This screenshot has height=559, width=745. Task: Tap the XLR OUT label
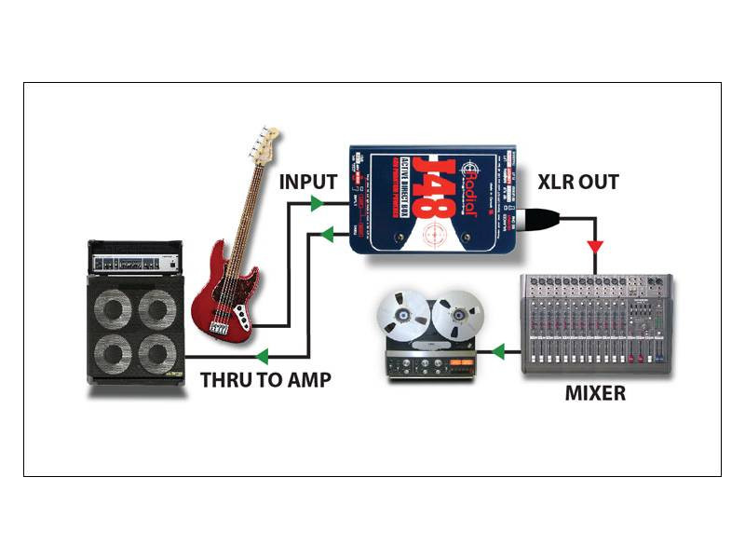pyautogui.click(x=577, y=182)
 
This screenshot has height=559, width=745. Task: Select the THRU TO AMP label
pyautogui.click(x=265, y=380)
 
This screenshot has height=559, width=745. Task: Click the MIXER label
pyautogui.click(x=595, y=393)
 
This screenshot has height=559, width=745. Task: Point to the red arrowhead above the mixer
pyautogui.click(x=594, y=247)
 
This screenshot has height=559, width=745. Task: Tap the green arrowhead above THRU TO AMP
pyautogui.click(x=264, y=357)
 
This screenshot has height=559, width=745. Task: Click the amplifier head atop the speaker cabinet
pyautogui.click(x=134, y=257)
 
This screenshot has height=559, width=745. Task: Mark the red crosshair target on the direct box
pyautogui.click(x=432, y=232)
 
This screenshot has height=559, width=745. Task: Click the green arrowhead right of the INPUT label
pyautogui.click(x=317, y=202)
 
